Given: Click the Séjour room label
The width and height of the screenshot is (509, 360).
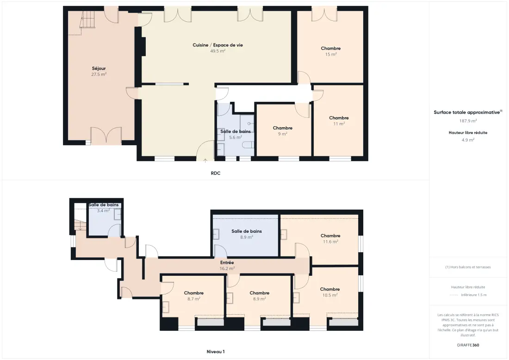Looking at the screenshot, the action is (99, 68).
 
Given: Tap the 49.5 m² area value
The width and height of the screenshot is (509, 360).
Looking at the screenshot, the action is (218, 51).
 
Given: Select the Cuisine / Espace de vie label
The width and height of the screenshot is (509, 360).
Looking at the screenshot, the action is (218, 45).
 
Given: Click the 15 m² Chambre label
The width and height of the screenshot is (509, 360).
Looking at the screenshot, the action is (331, 49).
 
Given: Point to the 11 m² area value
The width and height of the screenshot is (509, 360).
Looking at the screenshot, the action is (339, 124).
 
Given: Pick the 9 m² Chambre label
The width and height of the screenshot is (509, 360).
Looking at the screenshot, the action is (283, 128).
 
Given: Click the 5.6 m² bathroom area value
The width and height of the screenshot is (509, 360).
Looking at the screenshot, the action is (236, 137).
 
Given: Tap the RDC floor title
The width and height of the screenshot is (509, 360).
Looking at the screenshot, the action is (216, 174).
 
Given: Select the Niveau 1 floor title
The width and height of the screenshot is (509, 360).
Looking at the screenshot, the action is (216, 352).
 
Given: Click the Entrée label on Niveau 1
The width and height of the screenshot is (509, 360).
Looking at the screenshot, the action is (227, 263).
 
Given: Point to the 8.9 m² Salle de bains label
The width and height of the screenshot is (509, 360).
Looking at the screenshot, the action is (247, 231).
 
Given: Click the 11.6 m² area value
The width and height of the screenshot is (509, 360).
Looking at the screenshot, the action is (330, 242).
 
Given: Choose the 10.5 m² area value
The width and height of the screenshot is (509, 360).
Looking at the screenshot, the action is (330, 295).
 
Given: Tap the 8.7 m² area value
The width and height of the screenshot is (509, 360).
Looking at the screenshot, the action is (194, 298).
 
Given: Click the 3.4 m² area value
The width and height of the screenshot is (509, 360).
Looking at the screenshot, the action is (104, 211).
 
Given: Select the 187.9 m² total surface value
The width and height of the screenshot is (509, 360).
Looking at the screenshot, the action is (468, 121).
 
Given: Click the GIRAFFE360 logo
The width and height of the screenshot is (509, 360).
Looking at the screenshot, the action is (468, 345).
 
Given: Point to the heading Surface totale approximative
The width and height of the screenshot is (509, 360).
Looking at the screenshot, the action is (467, 112).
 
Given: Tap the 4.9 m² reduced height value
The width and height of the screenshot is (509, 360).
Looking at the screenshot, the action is (468, 140).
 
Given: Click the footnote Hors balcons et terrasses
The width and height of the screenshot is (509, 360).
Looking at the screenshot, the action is (468, 267).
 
